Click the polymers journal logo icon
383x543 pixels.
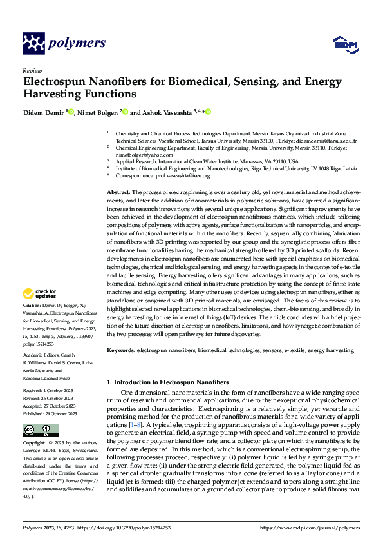pyautogui.click(x=33, y=44)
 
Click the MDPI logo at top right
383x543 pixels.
pyautogui.click(x=343, y=44)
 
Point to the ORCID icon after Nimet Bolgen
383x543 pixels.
pyautogui.click(x=125, y=112)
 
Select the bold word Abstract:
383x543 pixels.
pyautogui.click(x=118, y=192)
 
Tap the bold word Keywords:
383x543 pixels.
pyautogui.click(x=120, y=350)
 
